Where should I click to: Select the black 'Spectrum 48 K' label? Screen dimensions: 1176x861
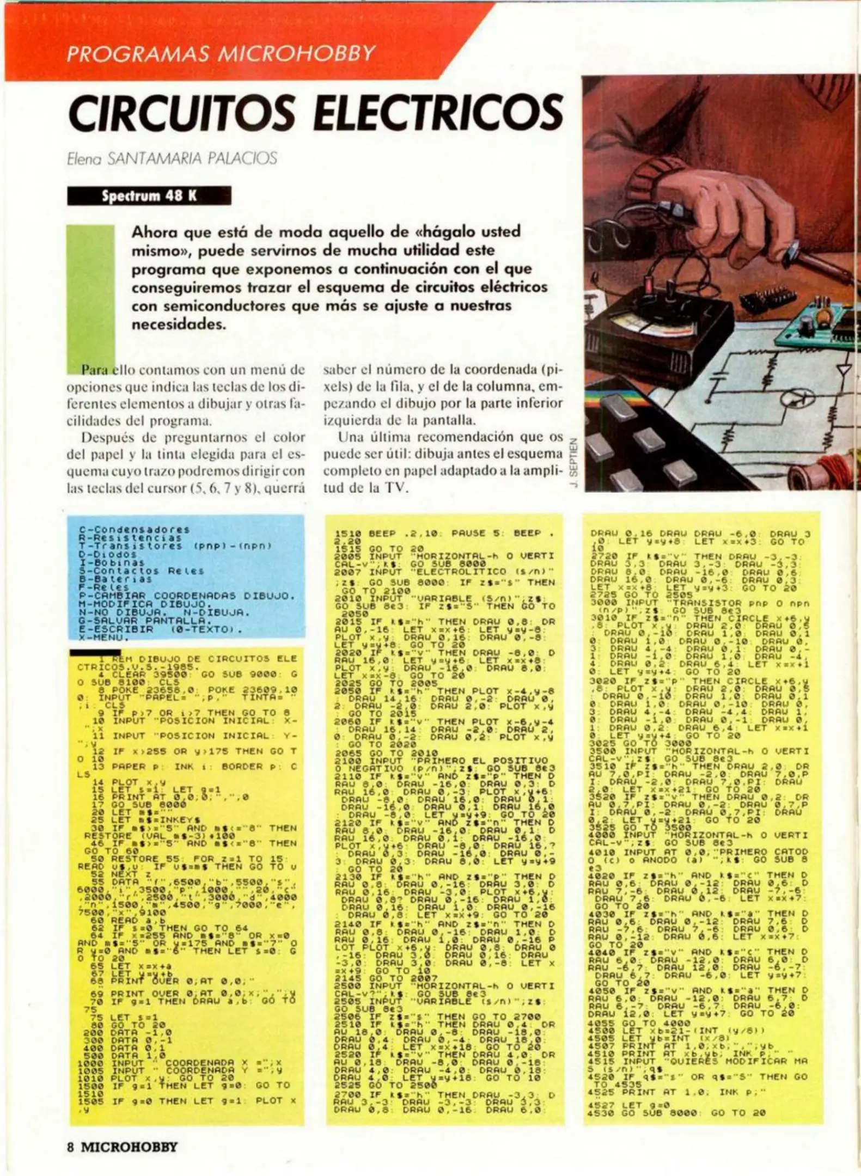pyautogui.click(x=149, y=196)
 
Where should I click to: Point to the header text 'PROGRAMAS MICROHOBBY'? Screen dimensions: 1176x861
pyautogui.click(x=221, y=54)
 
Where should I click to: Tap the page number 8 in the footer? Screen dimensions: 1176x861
pyautogui.click(x=70, y=1147)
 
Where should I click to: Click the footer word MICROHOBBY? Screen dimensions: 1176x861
pyautogui.click(x=130, y=1147)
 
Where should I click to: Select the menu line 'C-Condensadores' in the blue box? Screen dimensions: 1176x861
pyautogui.click(x=134, y=529)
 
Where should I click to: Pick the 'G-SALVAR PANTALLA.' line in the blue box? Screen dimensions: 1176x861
pyautogui.click(x=144, y=620)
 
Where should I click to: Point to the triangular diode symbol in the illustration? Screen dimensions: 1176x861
pyautogui.click(x=844, y=371)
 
